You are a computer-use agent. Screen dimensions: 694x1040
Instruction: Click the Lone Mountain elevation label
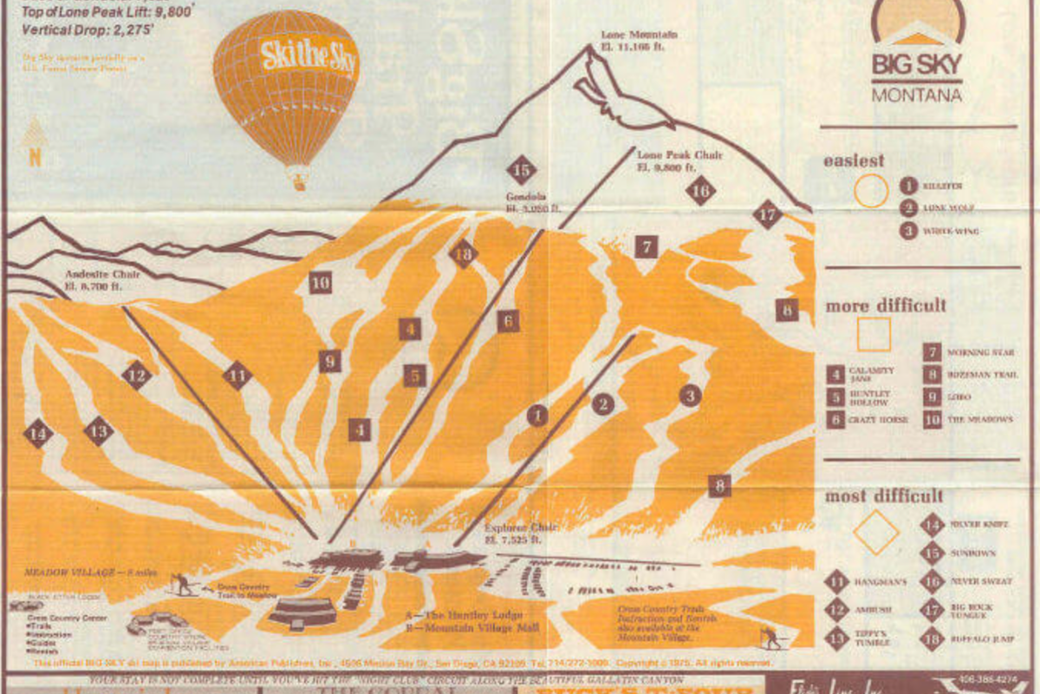[638, 41]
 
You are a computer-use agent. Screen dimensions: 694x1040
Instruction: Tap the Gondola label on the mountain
[530, 202]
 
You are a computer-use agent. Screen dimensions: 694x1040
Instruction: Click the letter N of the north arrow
[34, 157]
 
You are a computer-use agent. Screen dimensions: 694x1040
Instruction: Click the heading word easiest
[854, 160]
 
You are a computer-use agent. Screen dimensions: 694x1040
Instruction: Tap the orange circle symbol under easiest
[870, 192]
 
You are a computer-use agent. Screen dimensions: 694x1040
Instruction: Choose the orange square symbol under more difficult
[873, 334]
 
